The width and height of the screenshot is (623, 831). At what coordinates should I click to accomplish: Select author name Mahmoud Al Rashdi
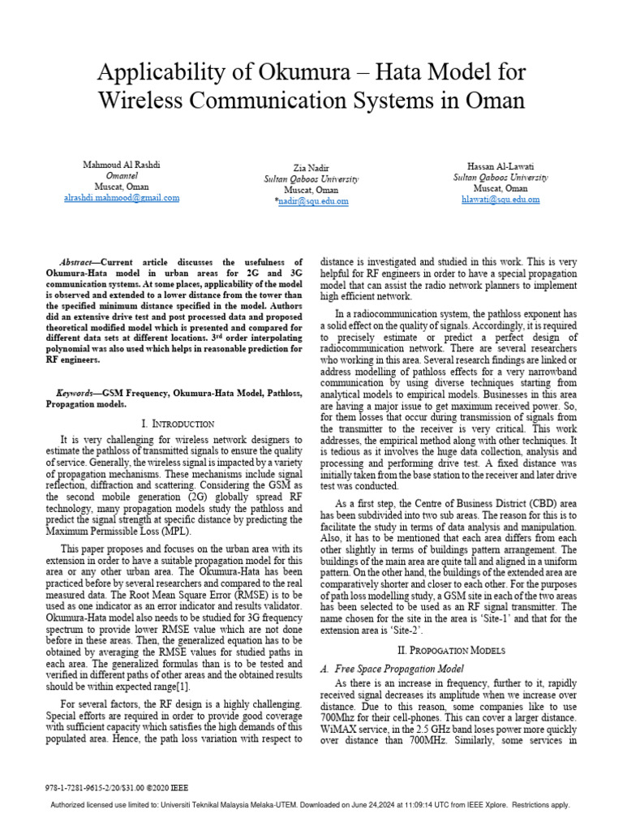point(122,165)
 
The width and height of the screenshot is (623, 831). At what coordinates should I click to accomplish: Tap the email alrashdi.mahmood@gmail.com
point(122,197)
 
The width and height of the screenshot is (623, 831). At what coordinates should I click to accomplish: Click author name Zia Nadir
point(311,168)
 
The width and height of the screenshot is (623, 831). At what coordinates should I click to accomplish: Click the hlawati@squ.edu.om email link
point(500,199)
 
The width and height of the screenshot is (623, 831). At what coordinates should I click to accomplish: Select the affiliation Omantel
point(122,175)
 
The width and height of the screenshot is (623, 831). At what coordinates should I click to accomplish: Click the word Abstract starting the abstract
point(79,263)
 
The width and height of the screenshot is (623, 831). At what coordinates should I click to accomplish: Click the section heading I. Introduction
point(178,424)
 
